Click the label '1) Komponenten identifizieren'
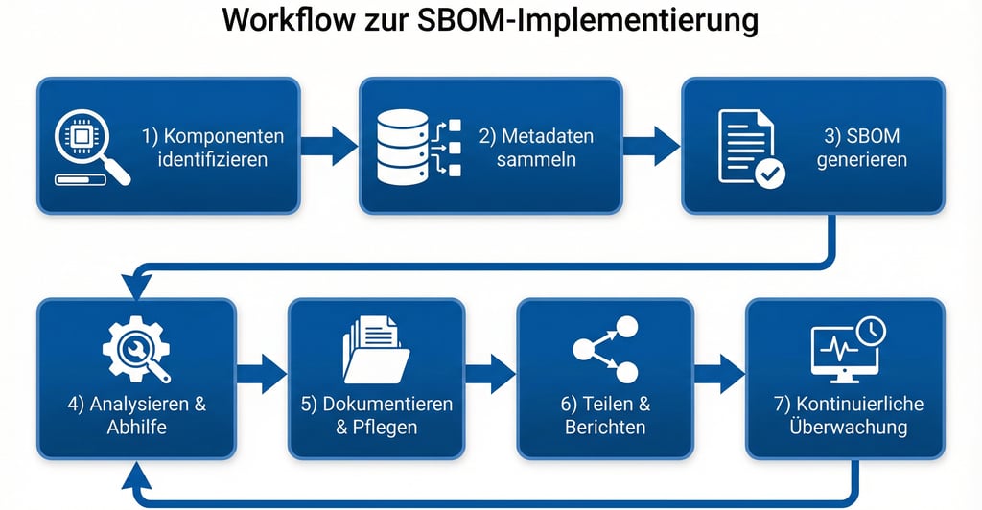212,147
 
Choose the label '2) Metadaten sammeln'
536,147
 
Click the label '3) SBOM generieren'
861,147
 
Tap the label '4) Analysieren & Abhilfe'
136,414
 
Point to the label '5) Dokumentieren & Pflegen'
376,414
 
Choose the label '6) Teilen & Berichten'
605,414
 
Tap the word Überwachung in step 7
846,427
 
